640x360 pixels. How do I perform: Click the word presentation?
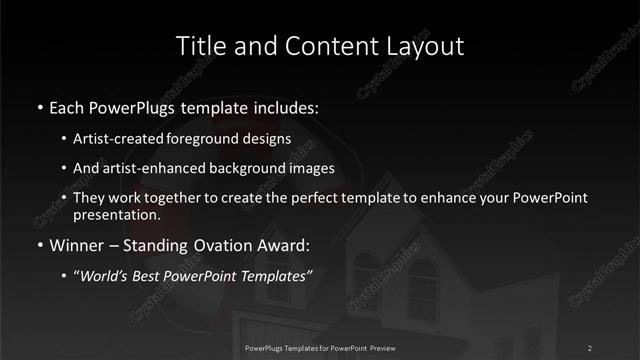tap(116, 214)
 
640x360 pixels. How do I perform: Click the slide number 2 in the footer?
tap(590, 347)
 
